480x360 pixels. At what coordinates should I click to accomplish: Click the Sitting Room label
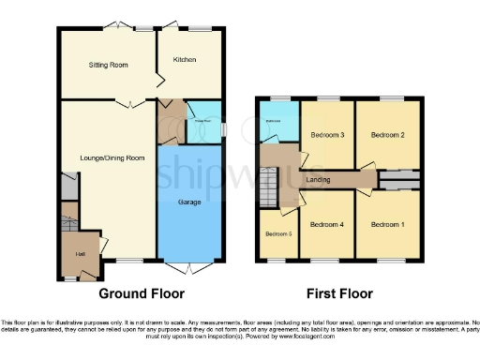pyautogui.click(x=108, y=66)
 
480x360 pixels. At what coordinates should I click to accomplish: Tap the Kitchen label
pyautogui.click(x=184, y=60)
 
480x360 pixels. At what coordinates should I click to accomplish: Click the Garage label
pyautogui.click(x=191, y=202)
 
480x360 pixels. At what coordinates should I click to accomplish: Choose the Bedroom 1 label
pyautogui.click(x=386, y=224)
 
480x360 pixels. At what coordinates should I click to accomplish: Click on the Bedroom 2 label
pyautogui.click(x=386, y=135)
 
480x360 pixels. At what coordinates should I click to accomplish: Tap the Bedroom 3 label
pyautogui.click(x=328, y=135)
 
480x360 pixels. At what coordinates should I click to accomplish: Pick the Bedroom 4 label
pyautogui.click(x=328, y=224)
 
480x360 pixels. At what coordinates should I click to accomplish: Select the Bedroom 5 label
pyautogui.click(x=278, y=233)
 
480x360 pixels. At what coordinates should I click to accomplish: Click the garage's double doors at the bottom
pyautogui.click(x=191, y=269)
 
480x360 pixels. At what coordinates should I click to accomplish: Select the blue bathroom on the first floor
pyautogui.click(x=277, y=121)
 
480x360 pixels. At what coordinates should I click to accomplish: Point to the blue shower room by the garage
pyautogui.click(x=202, y=128)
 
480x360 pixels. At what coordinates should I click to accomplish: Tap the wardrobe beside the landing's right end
pyautogui.click(x=397, y=179)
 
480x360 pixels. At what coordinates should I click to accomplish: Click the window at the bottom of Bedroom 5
pyautogui.click(x=277, y=259)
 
